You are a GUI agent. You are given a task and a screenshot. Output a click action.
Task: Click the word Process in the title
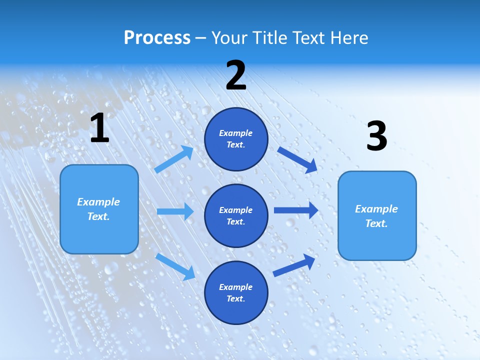[157, 38]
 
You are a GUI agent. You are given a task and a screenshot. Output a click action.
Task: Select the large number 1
[99, 128]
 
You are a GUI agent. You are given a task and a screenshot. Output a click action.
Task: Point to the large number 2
[236, 76]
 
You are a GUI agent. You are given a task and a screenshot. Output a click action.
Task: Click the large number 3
[376, 136]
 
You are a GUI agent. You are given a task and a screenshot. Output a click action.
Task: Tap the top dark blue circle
[236, 139]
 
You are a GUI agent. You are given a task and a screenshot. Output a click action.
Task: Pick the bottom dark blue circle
[236, 292]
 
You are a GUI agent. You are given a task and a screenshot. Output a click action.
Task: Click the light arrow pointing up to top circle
[174, 159]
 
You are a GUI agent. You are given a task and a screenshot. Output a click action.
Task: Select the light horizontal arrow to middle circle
[175, 211]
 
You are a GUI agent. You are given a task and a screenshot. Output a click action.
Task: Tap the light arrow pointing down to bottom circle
[175, 266]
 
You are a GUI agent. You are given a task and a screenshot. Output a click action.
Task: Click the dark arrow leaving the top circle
[297, 159]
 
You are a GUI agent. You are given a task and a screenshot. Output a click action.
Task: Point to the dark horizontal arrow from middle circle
[295, 210]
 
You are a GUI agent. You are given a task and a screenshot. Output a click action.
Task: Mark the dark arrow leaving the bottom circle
[294, 265]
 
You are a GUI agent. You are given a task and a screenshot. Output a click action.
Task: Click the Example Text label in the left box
[98, 209]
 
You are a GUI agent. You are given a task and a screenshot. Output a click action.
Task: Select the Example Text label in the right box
[376, 216]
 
